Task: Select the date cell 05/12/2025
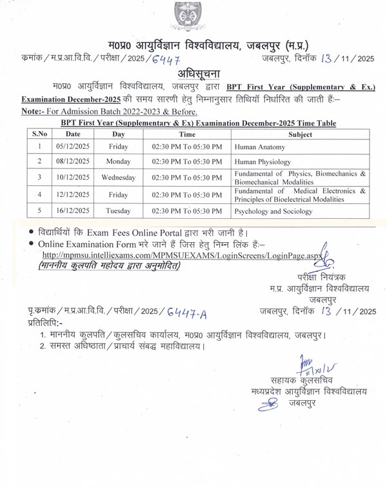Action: (x=73, y=147)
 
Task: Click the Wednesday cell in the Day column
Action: (x=117, y=178)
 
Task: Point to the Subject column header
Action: (x=301, y=135)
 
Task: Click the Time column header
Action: (x=187, y=135)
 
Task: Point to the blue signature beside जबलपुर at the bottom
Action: (x=269, y=405)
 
